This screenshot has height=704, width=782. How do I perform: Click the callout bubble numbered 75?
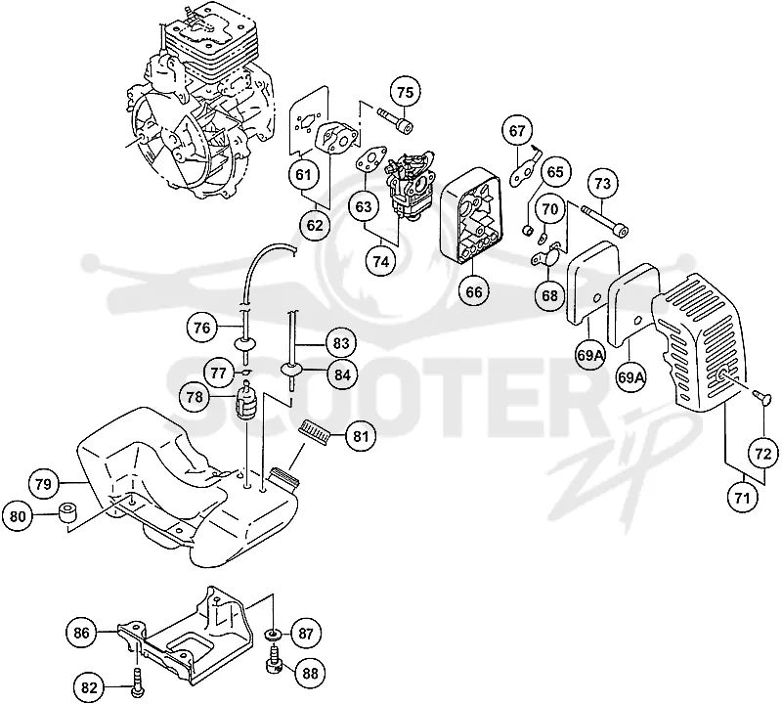coord(406,93)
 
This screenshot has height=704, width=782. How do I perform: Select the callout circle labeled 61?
coord(303,175)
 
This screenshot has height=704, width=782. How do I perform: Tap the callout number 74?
coord(381,261)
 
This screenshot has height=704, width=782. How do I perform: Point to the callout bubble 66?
coord(474,291)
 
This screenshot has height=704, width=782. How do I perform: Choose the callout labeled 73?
coord(602,184)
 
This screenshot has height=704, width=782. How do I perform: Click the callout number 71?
coord(743,497)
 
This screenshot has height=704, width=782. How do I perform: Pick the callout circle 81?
coord(361,436)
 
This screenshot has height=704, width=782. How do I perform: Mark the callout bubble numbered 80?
coord(18,516)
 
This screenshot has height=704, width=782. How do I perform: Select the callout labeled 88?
coord(310,674)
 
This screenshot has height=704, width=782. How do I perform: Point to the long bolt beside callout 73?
coord(603,220)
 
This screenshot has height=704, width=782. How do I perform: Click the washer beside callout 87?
coord(273,635)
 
